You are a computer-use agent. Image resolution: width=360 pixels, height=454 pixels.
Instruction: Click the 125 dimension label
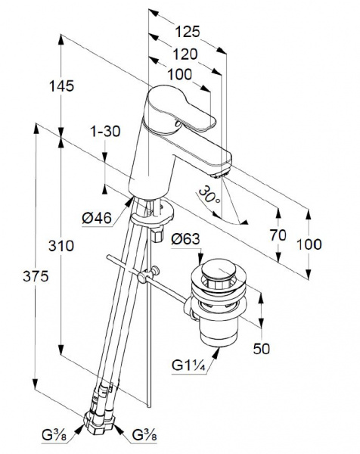pyautogui.click(x=188, y=32)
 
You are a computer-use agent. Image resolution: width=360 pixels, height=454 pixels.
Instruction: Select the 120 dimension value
pyautogui.click(x=185, y=54)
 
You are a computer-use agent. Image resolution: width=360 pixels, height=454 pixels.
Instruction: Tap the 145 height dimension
pyautogui.click(x=62, y=86)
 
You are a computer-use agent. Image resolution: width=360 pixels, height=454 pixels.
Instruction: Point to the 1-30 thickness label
pyautogui.click(x=105, y=132)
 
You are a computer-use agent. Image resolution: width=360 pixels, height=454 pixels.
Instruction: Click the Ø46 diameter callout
pyautogui.click(x=97, y=217)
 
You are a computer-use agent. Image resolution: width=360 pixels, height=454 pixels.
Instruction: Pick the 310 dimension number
pyautogui.click(x=61, y=246)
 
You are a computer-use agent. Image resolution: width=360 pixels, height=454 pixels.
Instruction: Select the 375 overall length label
pyautogui.click(x=36, y=276)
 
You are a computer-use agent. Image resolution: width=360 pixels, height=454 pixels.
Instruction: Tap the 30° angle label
pyautogui.click(x=209, y=195)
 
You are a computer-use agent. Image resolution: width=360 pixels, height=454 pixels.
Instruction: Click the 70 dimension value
pyautogui.click(x=278, y=235)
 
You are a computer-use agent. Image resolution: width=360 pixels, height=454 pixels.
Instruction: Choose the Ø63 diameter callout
pyautogui.click(x=185, y=239)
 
